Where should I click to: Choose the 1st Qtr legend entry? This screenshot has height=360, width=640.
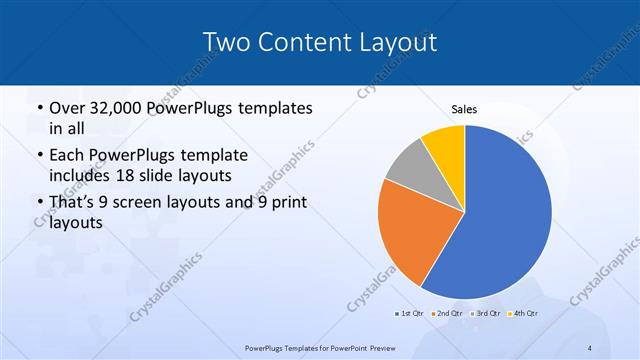pyautogui.click(x=409, y=314)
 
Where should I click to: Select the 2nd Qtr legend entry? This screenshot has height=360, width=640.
pyautogui.click(x=446, y=314)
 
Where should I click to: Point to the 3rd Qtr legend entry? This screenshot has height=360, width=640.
pyautogui.click(x=485, y=314)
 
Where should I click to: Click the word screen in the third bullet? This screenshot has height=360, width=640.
pyautogui.click(x=153, y=203)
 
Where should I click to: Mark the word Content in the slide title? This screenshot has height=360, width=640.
pyautogui.click(x=303, y=42)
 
